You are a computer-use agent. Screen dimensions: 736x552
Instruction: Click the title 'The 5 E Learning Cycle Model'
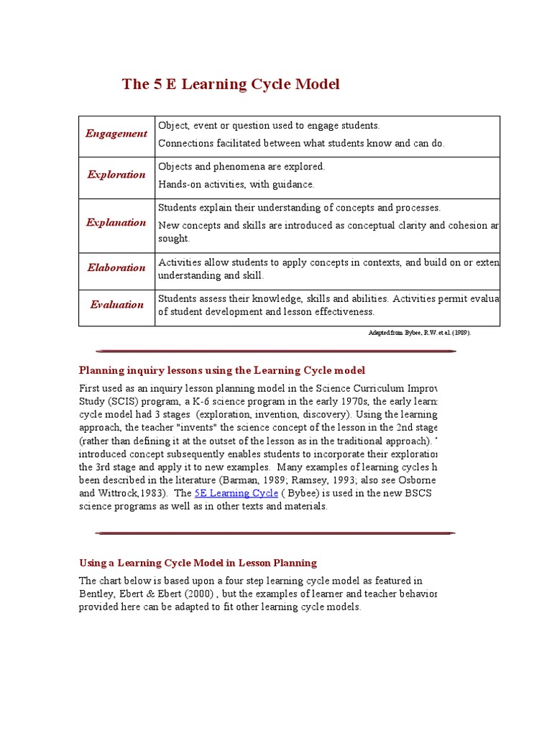tap(231, 84)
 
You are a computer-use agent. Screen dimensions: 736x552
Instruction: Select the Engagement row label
tap(116, 134)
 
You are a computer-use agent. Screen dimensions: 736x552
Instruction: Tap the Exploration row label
tap(116, 175)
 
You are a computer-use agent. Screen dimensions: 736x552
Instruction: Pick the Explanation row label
tap(116, 223)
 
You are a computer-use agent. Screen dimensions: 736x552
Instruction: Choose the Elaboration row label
tap(116, 267)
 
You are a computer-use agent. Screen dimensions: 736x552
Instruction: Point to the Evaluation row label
tap(116, 305)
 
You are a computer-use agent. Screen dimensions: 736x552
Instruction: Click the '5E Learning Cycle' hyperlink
tap(236, 493)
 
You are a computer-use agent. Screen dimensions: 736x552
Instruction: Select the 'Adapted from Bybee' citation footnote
tap(420, 333)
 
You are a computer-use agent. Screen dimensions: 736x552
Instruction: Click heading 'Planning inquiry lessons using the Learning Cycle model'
tap(222, 370)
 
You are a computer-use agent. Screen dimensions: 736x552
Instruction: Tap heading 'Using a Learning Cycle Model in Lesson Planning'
tap(198, 563)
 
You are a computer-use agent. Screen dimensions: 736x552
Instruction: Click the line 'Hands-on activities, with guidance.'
tap(236, 185)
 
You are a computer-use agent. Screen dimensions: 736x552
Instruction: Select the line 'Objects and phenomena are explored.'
tap(241, 167)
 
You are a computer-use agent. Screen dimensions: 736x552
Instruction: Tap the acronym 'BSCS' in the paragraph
tap(419, 493)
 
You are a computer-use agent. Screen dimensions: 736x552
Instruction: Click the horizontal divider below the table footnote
tap(275, 351)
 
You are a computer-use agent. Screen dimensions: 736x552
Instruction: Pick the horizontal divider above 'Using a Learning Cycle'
tap(275, 533)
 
